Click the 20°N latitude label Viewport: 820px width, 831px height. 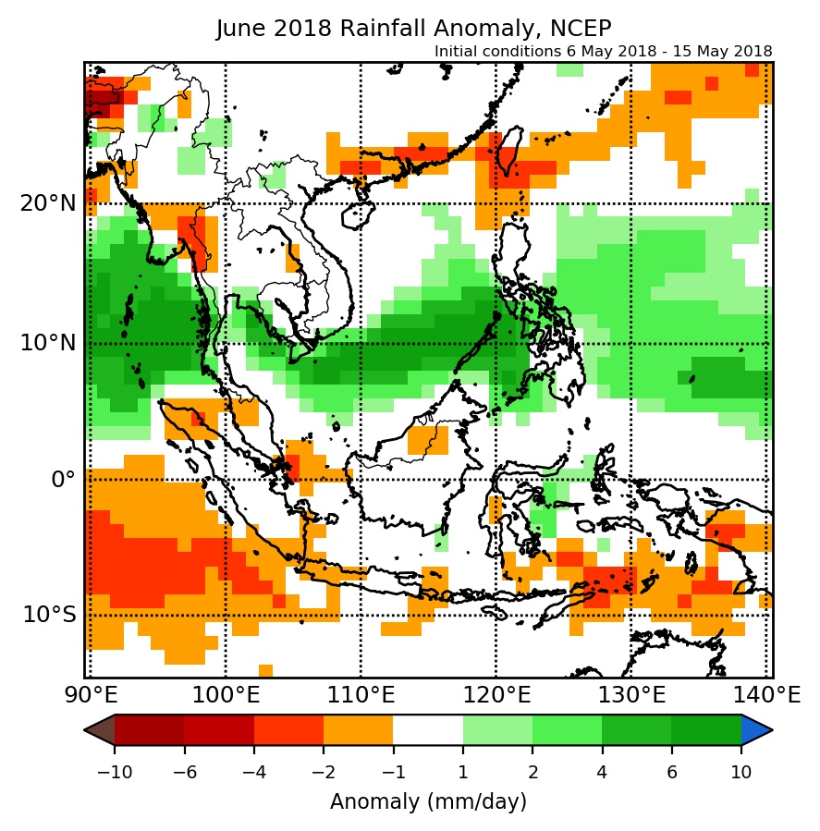[47, 203]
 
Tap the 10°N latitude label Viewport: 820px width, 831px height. [47, 343]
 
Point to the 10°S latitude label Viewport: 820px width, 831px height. [47, 615]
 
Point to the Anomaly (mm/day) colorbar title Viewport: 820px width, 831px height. [428, 800]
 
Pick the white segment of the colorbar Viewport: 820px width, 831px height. [428, 730]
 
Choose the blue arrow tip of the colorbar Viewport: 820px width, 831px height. [757, 730]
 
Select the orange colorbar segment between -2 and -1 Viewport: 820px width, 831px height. [358, 730]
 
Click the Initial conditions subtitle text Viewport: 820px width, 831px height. [603, 51]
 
